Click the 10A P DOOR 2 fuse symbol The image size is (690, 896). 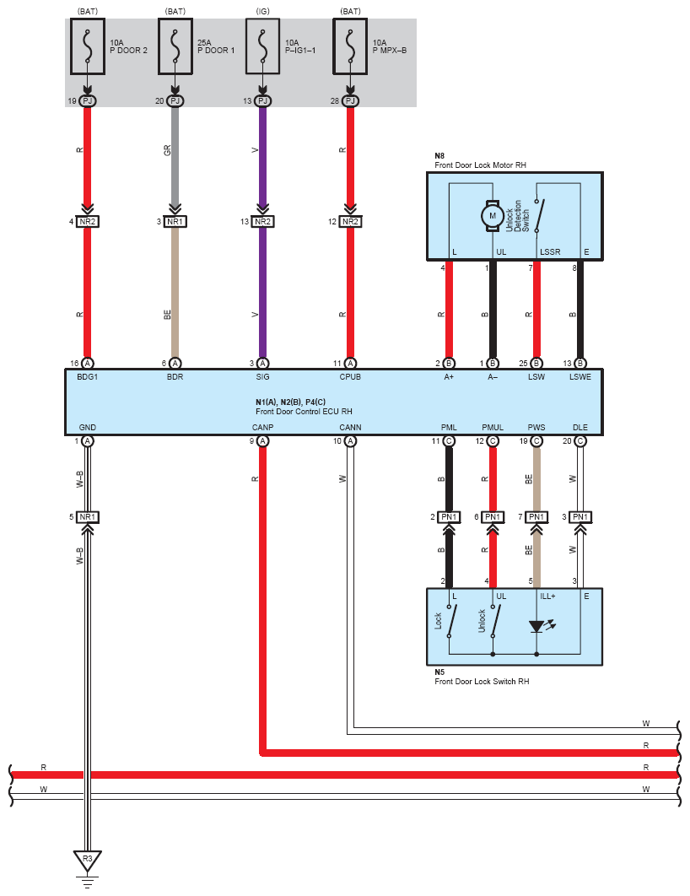tap(88, 46)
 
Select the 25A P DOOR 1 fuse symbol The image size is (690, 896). tap(175, 46)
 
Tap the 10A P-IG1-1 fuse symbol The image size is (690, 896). tap(262, 46)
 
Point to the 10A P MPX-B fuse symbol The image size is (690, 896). tap(350, 46)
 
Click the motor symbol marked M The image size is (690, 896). tap(493, 216)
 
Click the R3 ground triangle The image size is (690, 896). tap(88, 860)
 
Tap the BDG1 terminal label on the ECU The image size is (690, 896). tap(88, 377)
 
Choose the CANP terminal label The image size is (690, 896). tap(262, 428)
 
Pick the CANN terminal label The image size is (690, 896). tap(350, 428)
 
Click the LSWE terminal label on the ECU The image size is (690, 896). tap(580, 377)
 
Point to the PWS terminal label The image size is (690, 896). tap(536, 428)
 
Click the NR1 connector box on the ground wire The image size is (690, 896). tap(88, 517)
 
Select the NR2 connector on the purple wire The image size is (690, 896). tap(262, 222)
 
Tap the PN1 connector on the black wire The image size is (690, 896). tap(449, 517)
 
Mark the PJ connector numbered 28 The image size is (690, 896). tap(350, 101)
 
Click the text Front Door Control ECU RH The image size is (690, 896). tap(304, 412)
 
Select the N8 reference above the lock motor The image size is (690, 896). tap(439, 156)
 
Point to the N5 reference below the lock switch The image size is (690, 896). tap(439, 672)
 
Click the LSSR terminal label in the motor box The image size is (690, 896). tap(550, 252)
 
